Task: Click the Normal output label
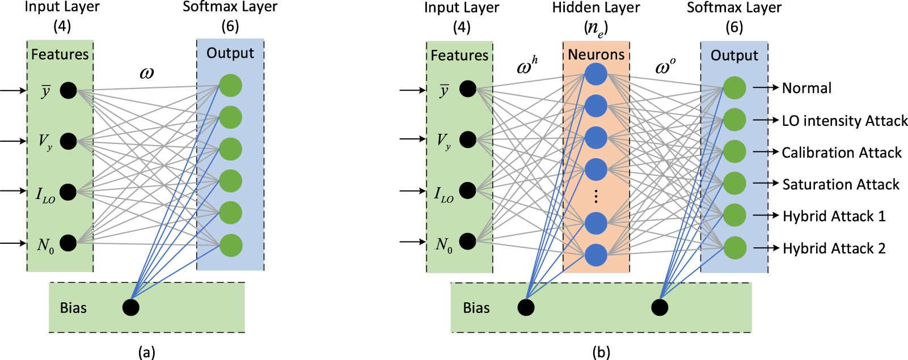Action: point(806,88)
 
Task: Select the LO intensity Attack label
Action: point(844,121)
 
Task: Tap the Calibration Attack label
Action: point(841,153)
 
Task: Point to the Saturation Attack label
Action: point(841,184)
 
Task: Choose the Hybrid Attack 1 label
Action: point(833,216)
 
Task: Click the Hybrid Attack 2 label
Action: point(833,248)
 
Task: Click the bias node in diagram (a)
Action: point(131,307)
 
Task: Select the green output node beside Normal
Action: point(734,88)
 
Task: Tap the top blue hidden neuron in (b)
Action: point(596,74)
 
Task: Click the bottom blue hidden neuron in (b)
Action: point(596,255)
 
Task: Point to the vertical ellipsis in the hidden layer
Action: point(596,196)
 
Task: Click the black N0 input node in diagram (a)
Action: point(68,243)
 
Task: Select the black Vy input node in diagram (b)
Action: point(468,139)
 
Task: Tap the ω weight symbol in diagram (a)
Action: point(146,73)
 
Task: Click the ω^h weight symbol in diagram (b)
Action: point(526,67)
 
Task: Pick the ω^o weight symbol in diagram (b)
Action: point(665,67)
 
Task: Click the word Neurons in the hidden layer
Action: point(596,54)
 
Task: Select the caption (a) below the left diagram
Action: point(146,352)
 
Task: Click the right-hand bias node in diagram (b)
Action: point(660,307)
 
